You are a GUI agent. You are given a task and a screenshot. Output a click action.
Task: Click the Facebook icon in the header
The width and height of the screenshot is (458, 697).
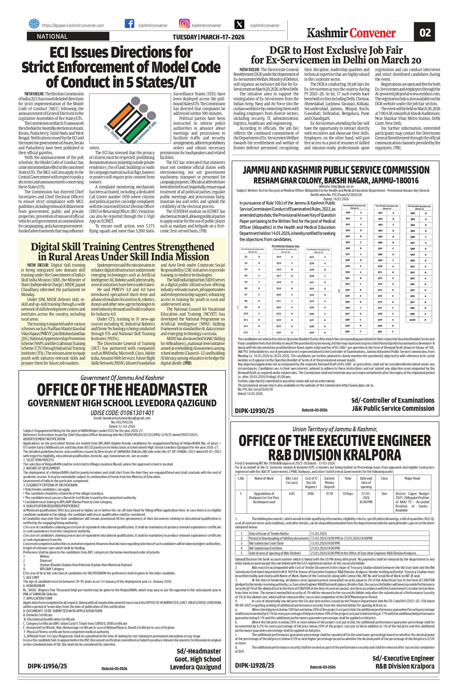[129, 24]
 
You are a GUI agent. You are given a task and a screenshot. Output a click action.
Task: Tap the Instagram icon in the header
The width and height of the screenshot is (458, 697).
[184, 23]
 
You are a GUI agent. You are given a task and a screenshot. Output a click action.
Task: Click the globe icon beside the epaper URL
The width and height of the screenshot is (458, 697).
[34, 24]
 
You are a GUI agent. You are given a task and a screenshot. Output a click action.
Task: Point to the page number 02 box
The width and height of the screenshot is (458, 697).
[425, 33]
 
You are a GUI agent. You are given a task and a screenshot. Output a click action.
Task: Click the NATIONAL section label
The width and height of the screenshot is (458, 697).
[52, 37]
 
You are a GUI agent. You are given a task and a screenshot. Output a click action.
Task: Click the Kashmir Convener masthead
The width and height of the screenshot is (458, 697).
[352, 33]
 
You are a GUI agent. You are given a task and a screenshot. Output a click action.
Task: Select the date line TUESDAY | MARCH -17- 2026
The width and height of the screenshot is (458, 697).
[208, 37]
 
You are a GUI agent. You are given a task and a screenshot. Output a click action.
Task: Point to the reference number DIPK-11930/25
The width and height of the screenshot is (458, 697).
[254, 411]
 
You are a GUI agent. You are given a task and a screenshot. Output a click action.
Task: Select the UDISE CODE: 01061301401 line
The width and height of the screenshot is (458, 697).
[122, 413]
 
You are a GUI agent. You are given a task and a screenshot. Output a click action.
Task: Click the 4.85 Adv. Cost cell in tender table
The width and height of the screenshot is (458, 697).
[291, 493]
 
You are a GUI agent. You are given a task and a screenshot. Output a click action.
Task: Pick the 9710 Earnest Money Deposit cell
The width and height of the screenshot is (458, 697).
[329, 493]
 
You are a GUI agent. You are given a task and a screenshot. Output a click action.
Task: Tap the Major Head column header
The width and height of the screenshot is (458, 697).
[412, 478]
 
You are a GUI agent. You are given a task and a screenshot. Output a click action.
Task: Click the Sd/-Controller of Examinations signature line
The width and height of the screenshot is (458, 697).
[393, 400]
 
